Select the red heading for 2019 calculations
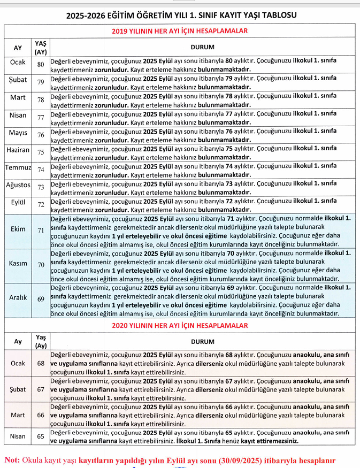(x=180, y=31)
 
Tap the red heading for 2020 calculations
(x=180, y=325)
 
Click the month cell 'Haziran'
(x=18, y=151)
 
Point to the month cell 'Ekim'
(x=18, y=229)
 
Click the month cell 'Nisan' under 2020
(x=18, y=436)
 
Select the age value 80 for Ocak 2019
(x=41, y=64)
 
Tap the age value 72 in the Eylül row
(x=41, y=204)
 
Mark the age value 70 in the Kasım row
(x=41, y=265)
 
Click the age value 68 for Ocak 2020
(x=41, y=363)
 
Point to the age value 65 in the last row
(x=41, y=436)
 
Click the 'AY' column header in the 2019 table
(x=18, y=47)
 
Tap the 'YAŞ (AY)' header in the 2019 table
(x=41, y=47)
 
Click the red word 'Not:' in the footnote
(x=13, y=459)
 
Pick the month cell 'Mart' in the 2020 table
(x=18, y=415)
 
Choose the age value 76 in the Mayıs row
(x=41, y=134)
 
